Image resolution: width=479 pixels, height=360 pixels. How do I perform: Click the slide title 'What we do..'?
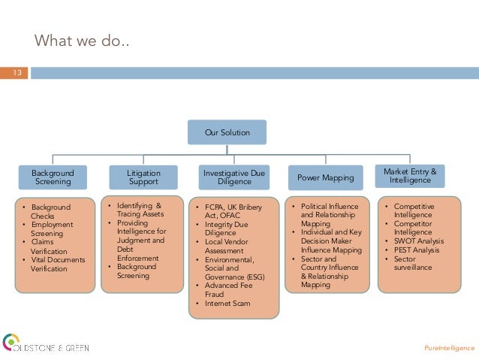[x=82, y=39]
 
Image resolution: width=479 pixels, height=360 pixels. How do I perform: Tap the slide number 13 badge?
[x=14, y=73]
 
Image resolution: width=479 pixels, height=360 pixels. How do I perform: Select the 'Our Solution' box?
[x=227, y=132]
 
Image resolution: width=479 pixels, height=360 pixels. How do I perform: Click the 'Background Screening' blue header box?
[x=53, y=177]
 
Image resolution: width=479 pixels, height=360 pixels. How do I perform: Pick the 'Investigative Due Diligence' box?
[x=234, y=177]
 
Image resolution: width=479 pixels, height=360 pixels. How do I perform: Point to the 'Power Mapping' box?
[x=325, y=178]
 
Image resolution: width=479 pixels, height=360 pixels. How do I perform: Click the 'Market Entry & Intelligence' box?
[x=410, y=177]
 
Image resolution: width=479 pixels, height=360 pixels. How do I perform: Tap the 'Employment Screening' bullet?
[x=52, y=228]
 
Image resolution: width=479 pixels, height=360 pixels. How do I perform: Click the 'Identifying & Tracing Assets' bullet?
[x=138, y=209]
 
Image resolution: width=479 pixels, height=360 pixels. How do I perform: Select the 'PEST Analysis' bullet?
[x=418, y=250]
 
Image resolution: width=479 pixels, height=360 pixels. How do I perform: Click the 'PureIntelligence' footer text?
[x=449, y=349]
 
